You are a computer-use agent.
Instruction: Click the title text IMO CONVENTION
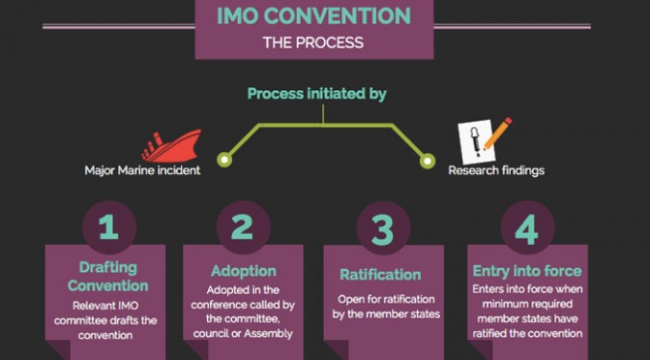[x=313, y=16]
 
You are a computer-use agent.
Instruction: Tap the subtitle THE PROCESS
[x=313, y=43]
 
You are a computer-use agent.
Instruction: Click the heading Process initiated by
[x=316, y=94]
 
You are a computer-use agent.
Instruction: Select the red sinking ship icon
[x=171, y=145]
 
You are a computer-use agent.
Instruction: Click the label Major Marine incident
[x=142, y=170]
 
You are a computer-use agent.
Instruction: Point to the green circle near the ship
[x=224, y=160]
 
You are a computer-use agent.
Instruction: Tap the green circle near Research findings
[x=427, y=161]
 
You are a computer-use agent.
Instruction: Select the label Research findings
[x=496, y=170]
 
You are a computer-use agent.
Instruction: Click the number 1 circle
[x=109, y=227]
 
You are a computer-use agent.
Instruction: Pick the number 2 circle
[x=244, y=227]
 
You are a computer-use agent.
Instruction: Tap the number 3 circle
[x=383, y=227]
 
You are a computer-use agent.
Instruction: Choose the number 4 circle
[x=527, y=227]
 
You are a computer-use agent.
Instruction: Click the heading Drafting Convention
[x=107, y=277]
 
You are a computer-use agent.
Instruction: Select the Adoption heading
[x=244, y=271]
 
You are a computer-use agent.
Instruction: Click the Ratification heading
[x=380, y=275]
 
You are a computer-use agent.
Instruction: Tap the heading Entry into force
[x=527, y=271]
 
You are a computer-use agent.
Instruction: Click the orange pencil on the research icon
[x=498, y=134]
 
